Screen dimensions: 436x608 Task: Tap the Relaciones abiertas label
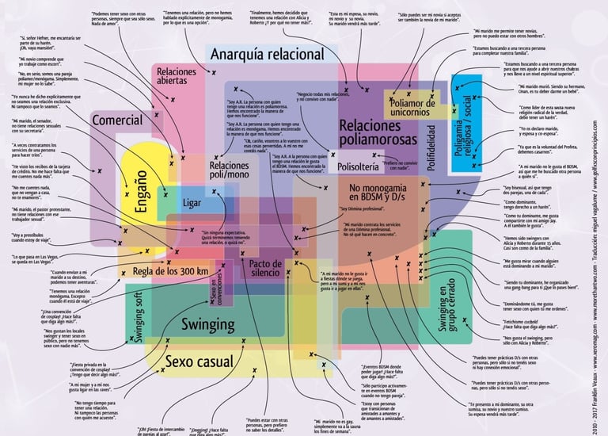click(177, 76)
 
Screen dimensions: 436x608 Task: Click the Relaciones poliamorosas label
click(377, 132)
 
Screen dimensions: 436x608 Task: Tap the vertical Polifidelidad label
click(431, 147)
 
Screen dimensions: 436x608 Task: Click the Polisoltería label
click(359, 167)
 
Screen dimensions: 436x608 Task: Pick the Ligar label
click(192, 203)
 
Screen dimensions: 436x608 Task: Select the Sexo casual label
click(199, 362)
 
